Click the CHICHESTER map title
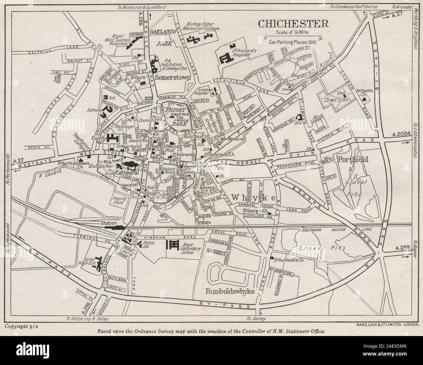[x=293, y=23]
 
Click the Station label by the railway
[x=109, y=223]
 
